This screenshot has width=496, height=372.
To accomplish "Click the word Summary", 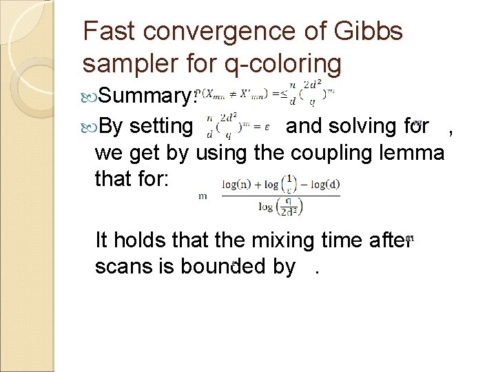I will pos(147,97).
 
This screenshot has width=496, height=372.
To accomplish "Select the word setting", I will pos(161,127).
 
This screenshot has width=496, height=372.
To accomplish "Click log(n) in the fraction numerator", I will pos(234,185).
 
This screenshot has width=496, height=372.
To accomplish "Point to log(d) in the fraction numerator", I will pos(326,185).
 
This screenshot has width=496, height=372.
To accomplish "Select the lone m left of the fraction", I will pos(203,196).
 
